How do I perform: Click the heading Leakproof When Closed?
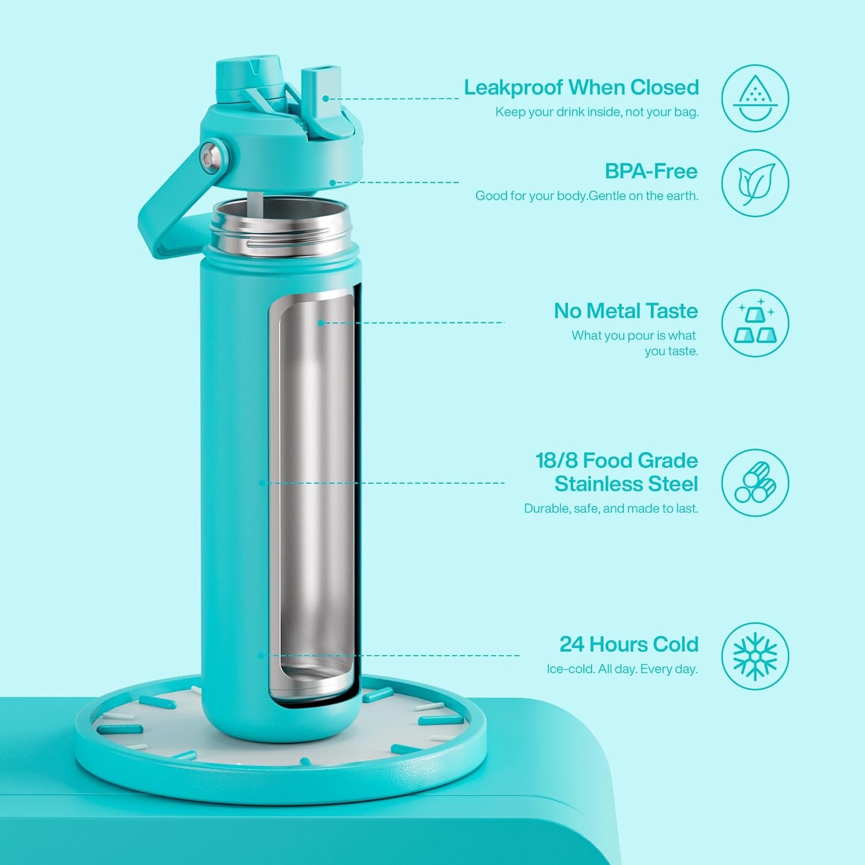(581, 88)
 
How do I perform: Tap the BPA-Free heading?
(651, 171)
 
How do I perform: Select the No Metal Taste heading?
(626, 311)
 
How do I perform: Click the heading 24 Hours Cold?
(629, 644)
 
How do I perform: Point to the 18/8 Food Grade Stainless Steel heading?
(616, 472)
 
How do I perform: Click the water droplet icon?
(755, 98)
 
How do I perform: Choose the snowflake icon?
(755, 656)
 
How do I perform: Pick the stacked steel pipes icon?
(755, 483)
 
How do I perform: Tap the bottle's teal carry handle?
(167, 208)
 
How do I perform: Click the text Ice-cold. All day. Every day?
(622, 669)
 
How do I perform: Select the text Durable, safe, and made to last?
(611, 509)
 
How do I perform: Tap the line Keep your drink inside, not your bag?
(597, 112)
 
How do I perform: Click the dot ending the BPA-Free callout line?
(333, 183)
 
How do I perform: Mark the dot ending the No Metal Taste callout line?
(321, 323)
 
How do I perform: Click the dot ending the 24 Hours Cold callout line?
(261, 656)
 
